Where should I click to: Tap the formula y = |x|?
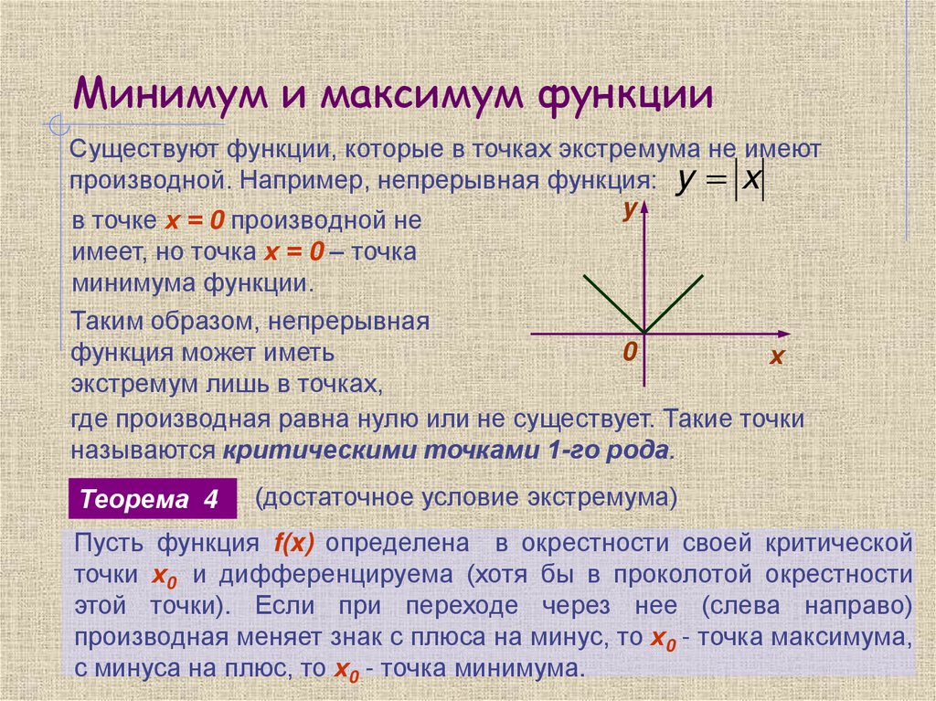tap(718, 180)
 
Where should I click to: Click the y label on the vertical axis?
tap(629, 211)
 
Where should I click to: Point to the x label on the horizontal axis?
tap(777, 357)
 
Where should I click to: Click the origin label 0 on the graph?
tap(630, 353)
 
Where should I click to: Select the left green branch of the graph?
tap(614, 303)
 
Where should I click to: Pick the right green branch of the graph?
tap(675, 303)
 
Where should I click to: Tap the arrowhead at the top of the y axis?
tap(645, 211)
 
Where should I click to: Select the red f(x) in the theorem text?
tap(293, 543)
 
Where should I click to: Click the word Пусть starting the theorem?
tap(109, 543)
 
